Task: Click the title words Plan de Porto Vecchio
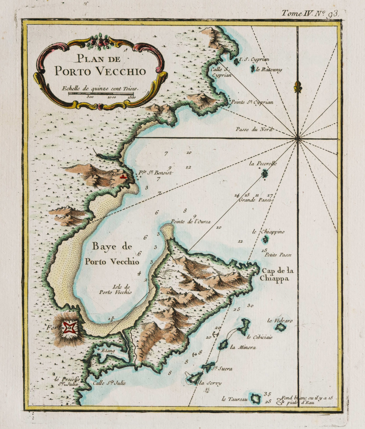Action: (x=100, y=66)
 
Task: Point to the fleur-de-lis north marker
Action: (x=297, y=86)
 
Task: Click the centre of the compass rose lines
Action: (x=298, y=138)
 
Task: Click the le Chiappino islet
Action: (x=265, y=239)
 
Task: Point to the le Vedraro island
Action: (x=280, y=327)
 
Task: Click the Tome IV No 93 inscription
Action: (x=310, y=13)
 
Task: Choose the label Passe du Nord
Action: (x=253, y=129)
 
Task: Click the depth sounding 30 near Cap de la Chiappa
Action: (x=250, y=306)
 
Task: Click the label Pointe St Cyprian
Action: (x=251, y=102)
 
